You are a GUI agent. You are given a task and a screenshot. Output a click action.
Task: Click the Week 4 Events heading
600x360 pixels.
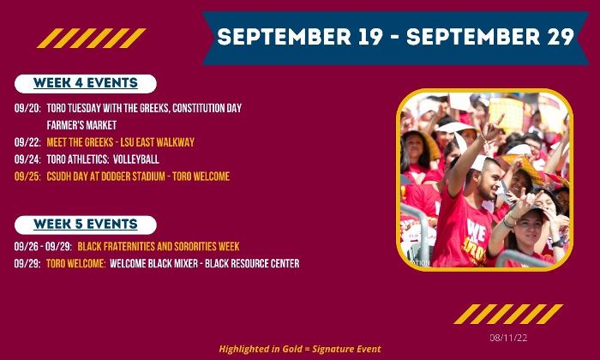[86, 83]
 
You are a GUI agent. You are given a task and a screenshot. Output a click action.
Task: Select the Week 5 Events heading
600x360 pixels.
[86, 225]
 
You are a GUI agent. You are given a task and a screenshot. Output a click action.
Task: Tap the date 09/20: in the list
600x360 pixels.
[27, 108]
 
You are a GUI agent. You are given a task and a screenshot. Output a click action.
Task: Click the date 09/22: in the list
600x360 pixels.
[27, 142]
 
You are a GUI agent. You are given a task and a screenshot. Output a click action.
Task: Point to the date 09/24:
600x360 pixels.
[27, 159]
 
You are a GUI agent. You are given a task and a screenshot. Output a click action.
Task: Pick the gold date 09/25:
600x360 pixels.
[27, 177]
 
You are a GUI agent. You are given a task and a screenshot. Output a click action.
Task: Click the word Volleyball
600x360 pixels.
[136, 159]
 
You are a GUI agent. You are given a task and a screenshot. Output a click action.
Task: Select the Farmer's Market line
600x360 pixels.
[81, 125]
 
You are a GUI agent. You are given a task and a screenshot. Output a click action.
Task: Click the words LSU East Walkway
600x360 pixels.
[157, 142]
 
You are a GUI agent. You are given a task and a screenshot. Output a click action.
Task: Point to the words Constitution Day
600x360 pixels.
[207, 108]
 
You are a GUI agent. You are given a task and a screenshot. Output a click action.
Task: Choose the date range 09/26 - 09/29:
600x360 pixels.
[43, 246]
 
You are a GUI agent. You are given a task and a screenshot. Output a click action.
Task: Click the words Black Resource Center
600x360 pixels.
[252, 264]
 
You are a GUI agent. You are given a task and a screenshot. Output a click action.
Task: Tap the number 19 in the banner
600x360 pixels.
[370, 37]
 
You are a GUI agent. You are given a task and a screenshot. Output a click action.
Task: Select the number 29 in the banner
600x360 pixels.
[561, 37]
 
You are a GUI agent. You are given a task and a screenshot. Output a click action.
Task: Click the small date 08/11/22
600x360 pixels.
[508, 338]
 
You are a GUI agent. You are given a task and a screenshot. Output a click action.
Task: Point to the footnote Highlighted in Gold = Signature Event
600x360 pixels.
[300, 349]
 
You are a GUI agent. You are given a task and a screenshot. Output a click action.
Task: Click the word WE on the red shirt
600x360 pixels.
[476, 231]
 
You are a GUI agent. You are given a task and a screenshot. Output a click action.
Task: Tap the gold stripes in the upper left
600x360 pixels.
[92, 39]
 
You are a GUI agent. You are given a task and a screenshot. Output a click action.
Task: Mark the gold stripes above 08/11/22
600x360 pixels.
[508, 314]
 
